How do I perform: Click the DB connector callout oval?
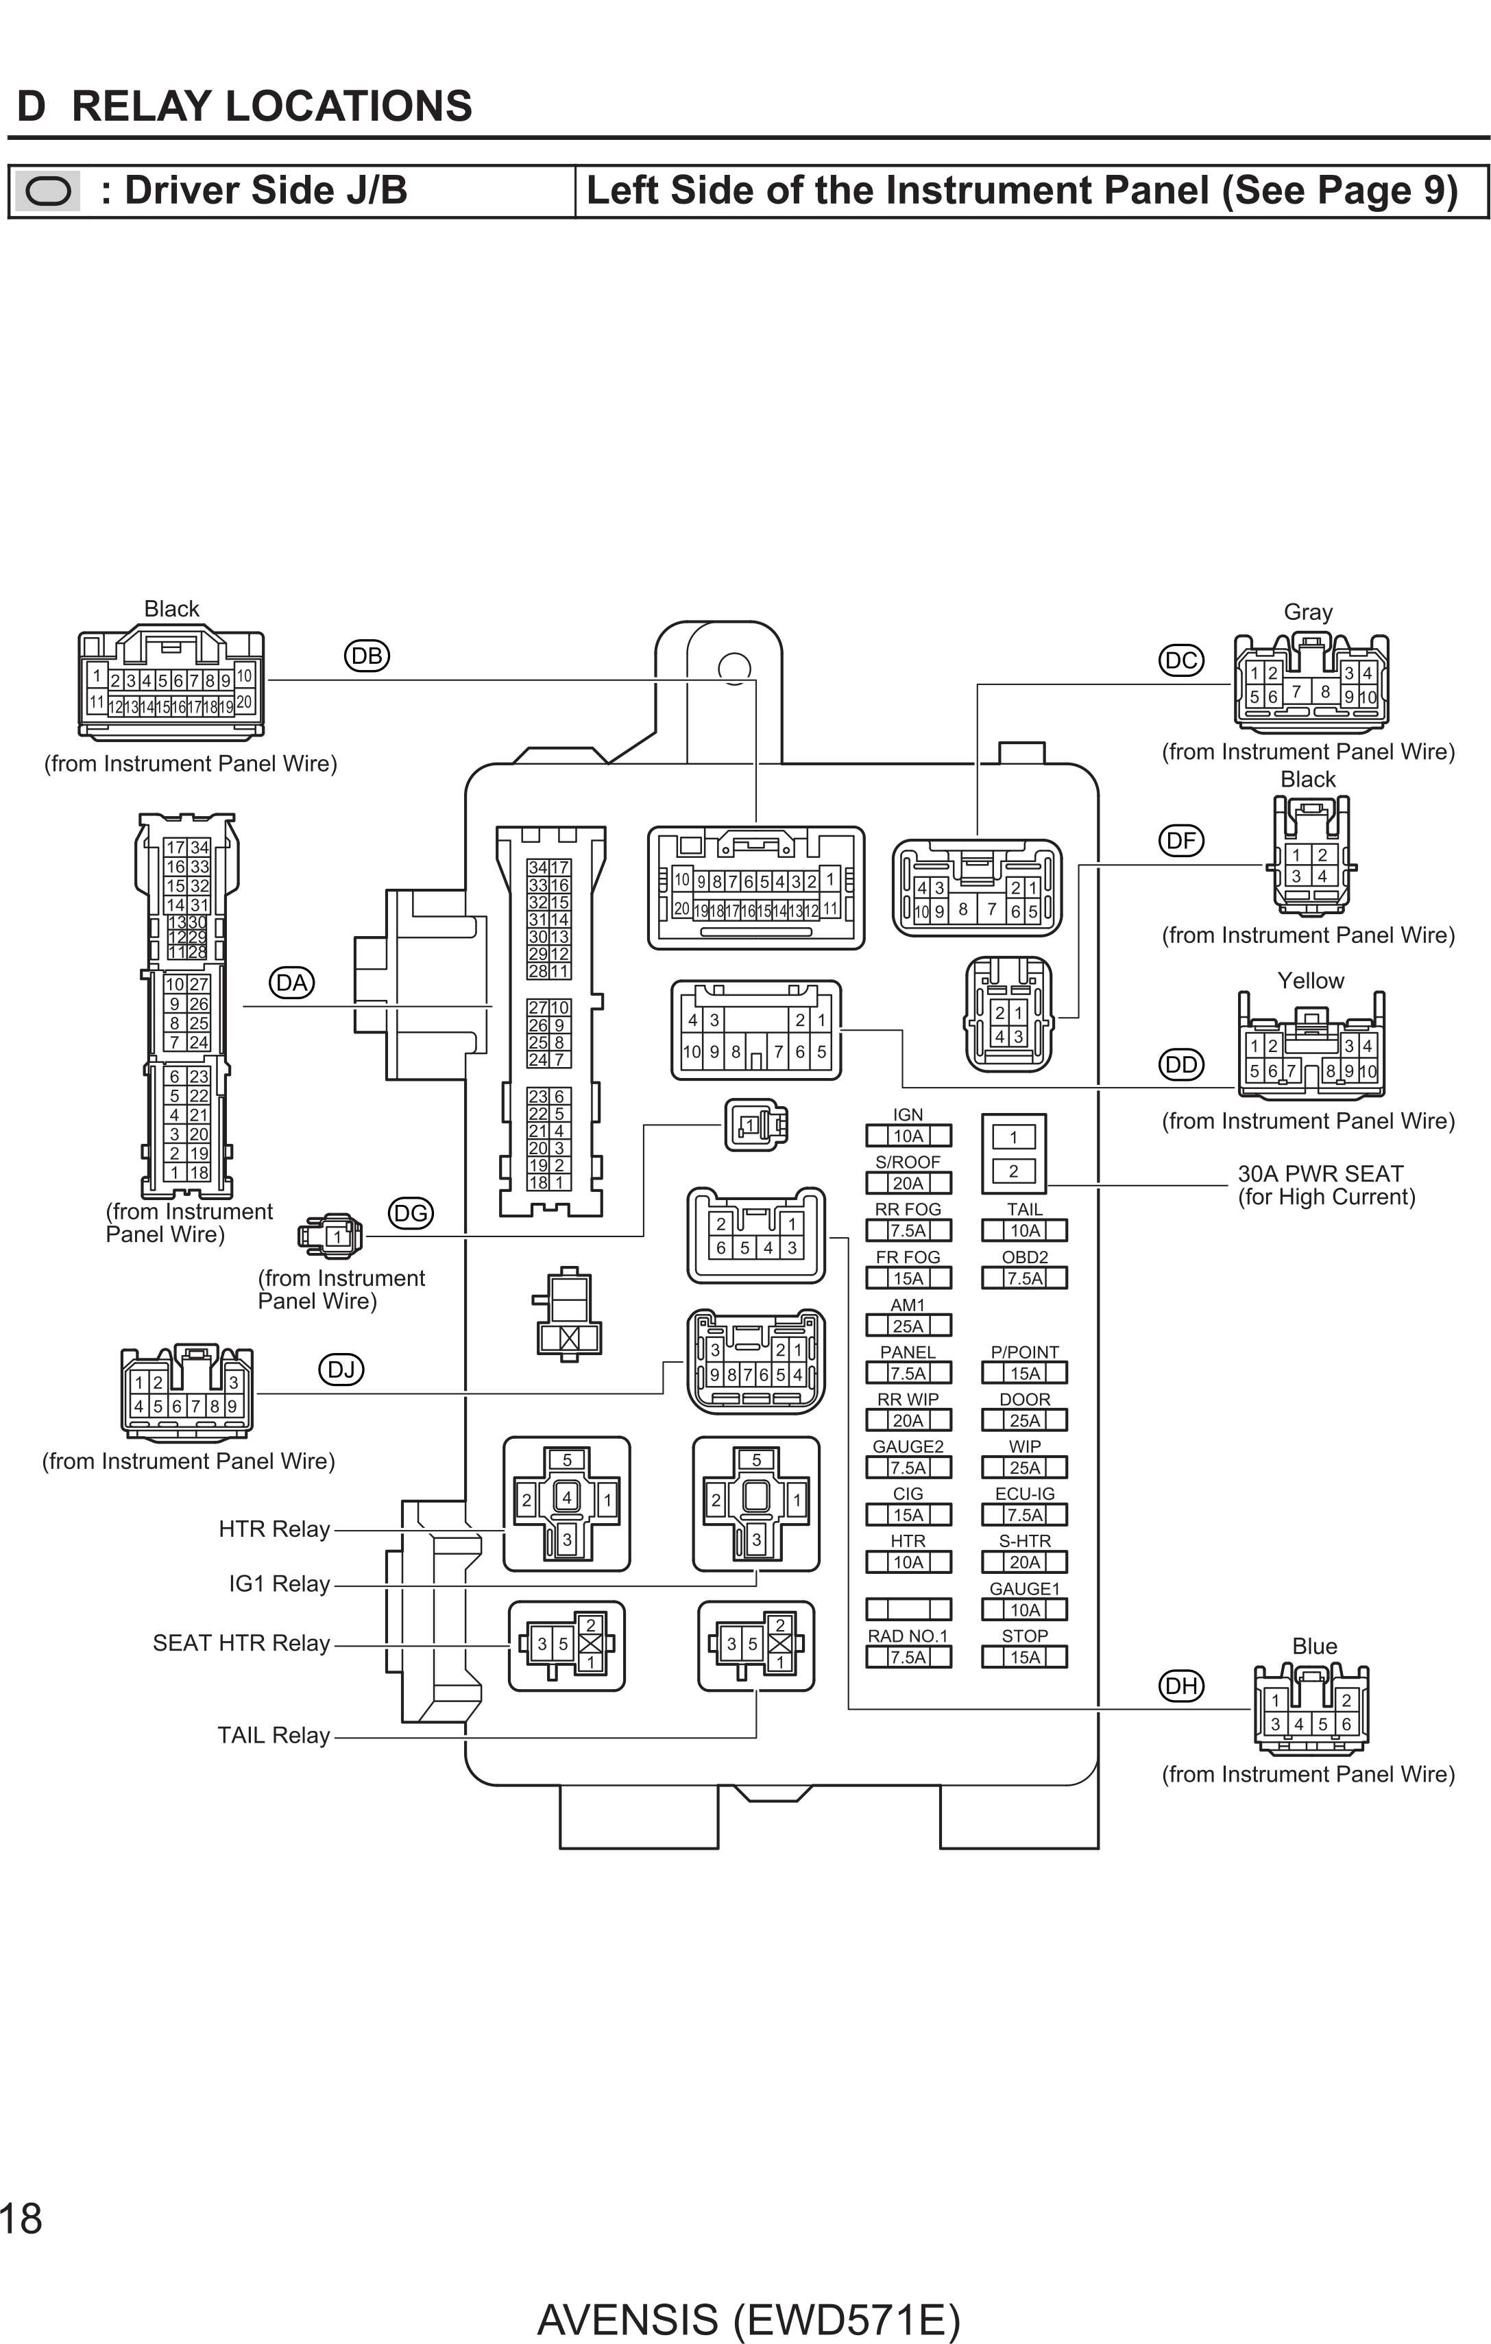point(367,656)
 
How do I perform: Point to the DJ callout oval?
point(341,1370)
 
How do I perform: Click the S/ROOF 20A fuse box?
point(908,1184)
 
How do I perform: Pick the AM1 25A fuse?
point(908,1326)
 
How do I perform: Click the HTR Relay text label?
point(274,1529)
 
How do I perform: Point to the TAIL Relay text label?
point(274,1734)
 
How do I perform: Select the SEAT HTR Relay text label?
point(241,1643)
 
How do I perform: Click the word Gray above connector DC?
point(1307,612)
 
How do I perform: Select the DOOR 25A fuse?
point(1024,1420)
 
